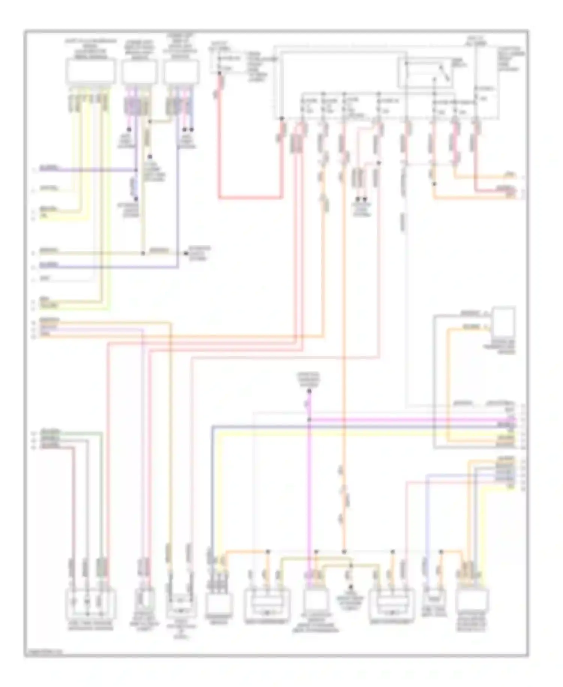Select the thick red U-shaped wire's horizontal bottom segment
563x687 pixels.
(250, 197)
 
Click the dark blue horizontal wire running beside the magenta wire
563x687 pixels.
(360, 426)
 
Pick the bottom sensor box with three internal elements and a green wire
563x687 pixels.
(90, 604)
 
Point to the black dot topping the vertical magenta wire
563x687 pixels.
(309, 392)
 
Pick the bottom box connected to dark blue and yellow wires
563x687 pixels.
(219, 604)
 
